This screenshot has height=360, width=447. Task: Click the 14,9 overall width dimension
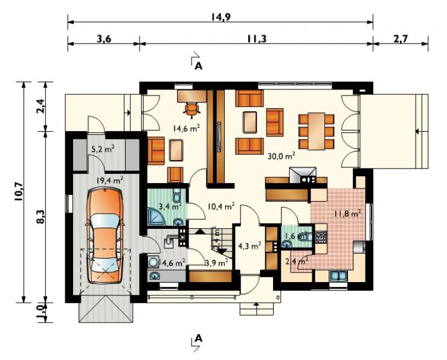point(220,17)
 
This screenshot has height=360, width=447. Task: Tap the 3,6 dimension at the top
point(103,39)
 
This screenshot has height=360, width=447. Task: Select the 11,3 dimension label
point(257,39)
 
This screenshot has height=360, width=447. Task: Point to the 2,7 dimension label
point(401,39)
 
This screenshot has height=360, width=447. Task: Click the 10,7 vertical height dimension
point(19,191)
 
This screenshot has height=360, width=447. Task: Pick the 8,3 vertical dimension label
point(40,217)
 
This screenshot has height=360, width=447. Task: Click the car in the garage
point(105,236)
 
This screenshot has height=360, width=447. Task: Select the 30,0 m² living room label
point(281,156)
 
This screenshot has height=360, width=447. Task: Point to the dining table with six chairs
point(316,131)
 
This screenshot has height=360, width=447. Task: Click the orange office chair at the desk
point(191,110)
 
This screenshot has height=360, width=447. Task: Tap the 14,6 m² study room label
point(186,128)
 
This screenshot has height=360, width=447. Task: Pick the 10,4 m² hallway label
point(221,205)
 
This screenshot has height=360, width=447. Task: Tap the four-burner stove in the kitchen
point(321,237)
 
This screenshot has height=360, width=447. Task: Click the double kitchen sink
point(338,276)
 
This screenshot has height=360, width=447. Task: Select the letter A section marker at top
point(198,66)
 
